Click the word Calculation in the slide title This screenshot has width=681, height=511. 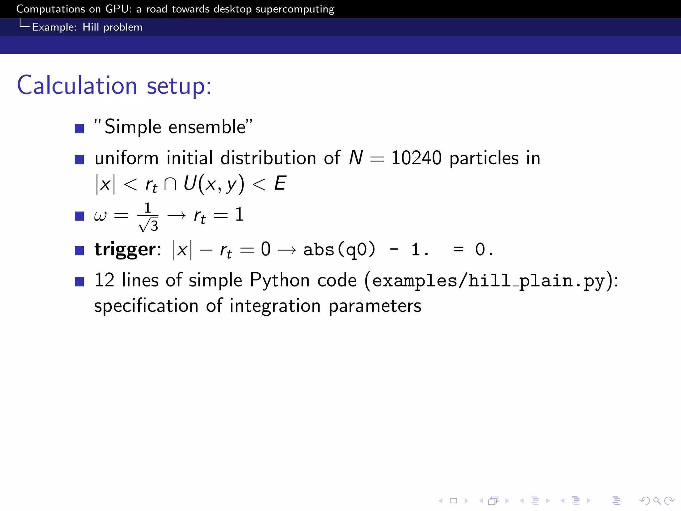(77, 85)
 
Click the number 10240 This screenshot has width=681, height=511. (416, 158)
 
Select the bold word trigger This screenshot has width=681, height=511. (125, 250)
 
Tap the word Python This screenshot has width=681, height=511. (280, 280)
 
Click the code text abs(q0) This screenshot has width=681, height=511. (339, 250)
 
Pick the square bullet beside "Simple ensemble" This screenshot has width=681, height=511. (79, 128)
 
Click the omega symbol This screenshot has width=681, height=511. (100, 216)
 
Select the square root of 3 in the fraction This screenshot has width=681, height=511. (148, 226)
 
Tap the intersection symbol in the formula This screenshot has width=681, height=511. (170, 184)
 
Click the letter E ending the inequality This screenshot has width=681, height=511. (280, 183)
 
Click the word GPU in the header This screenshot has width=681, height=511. (116, 9)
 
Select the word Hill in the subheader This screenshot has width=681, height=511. (90, 27)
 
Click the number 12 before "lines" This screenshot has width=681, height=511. (104, 280)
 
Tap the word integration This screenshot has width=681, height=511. (275, 306)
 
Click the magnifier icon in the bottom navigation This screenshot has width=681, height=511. (657, 501)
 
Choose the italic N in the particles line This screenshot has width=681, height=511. (356, 158)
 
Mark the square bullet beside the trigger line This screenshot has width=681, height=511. (79, 250)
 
